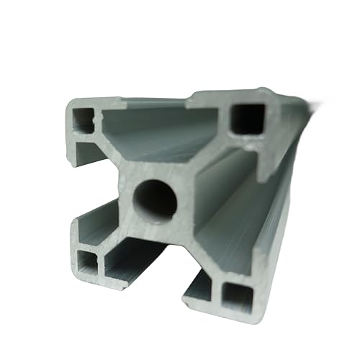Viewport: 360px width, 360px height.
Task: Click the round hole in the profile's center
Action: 154,199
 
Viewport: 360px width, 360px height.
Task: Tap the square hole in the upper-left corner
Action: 85,119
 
